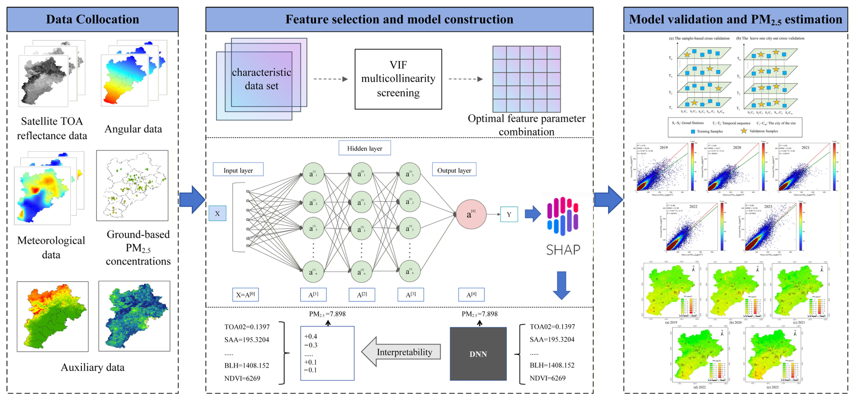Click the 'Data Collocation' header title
coord(92,19)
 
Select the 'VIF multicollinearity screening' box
coord(398,79)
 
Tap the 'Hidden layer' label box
coord(364,148)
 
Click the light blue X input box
coord(217,213)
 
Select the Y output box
coord(509,214)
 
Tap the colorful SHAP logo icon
coord(563,216)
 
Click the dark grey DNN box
coord(478,354)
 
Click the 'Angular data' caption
coord(133,129)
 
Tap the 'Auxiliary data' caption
coord(92,367)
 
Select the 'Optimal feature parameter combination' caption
coord(526,125)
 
